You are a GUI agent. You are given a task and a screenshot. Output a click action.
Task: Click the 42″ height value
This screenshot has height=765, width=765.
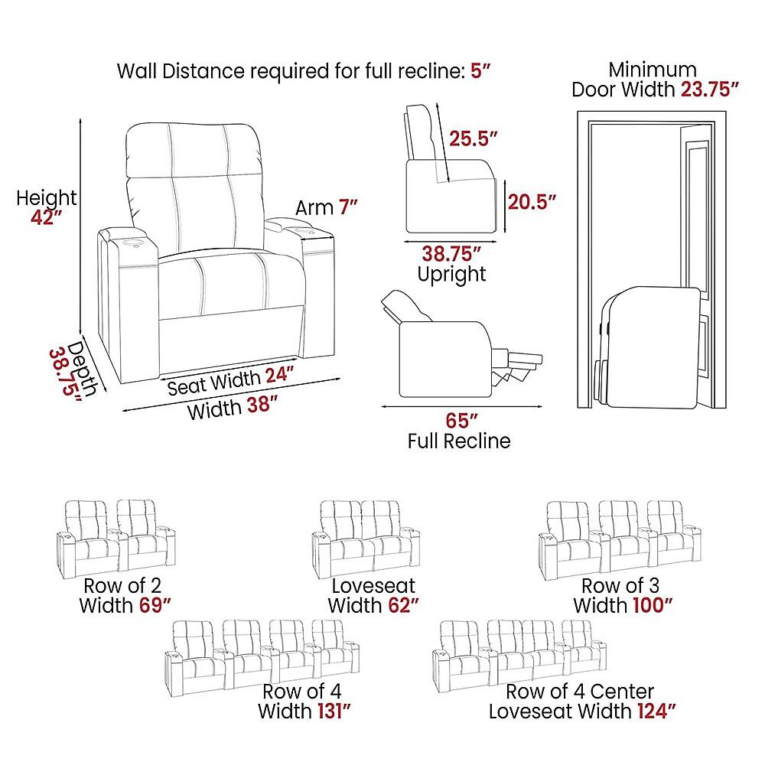pos(47,217)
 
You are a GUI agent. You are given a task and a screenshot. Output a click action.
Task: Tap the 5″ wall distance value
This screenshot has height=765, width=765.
pos(480,71)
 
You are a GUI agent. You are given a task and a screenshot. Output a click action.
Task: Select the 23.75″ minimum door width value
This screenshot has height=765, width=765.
pos(710,90)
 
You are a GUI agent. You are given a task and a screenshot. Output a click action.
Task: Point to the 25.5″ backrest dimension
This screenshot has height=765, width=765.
pos(474,138)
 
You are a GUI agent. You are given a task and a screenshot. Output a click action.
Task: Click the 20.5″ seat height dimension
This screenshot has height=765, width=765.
pos(532,201)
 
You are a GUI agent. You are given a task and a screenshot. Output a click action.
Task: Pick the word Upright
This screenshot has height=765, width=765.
pos(452,275)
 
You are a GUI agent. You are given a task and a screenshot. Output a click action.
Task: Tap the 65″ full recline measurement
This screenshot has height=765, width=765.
pos(461,420)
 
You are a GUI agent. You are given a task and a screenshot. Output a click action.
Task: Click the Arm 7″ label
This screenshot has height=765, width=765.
pos(327,207)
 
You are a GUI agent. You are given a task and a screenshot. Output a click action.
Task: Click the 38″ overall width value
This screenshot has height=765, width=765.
pos(262,405)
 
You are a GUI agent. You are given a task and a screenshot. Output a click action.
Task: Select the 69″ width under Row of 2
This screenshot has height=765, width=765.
pos(155,605)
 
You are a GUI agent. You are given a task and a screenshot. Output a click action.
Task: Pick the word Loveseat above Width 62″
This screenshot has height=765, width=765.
pos(374,585)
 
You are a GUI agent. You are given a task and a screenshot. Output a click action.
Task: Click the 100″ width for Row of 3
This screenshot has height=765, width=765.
pos(653,605)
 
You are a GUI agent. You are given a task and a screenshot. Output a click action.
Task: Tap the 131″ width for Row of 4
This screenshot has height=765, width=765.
pos(334,711)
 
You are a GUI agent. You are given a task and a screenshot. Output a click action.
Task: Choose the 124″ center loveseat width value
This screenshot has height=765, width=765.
pos(656,711)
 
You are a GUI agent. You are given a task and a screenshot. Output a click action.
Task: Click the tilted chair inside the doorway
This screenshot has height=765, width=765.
pos(649,347)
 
